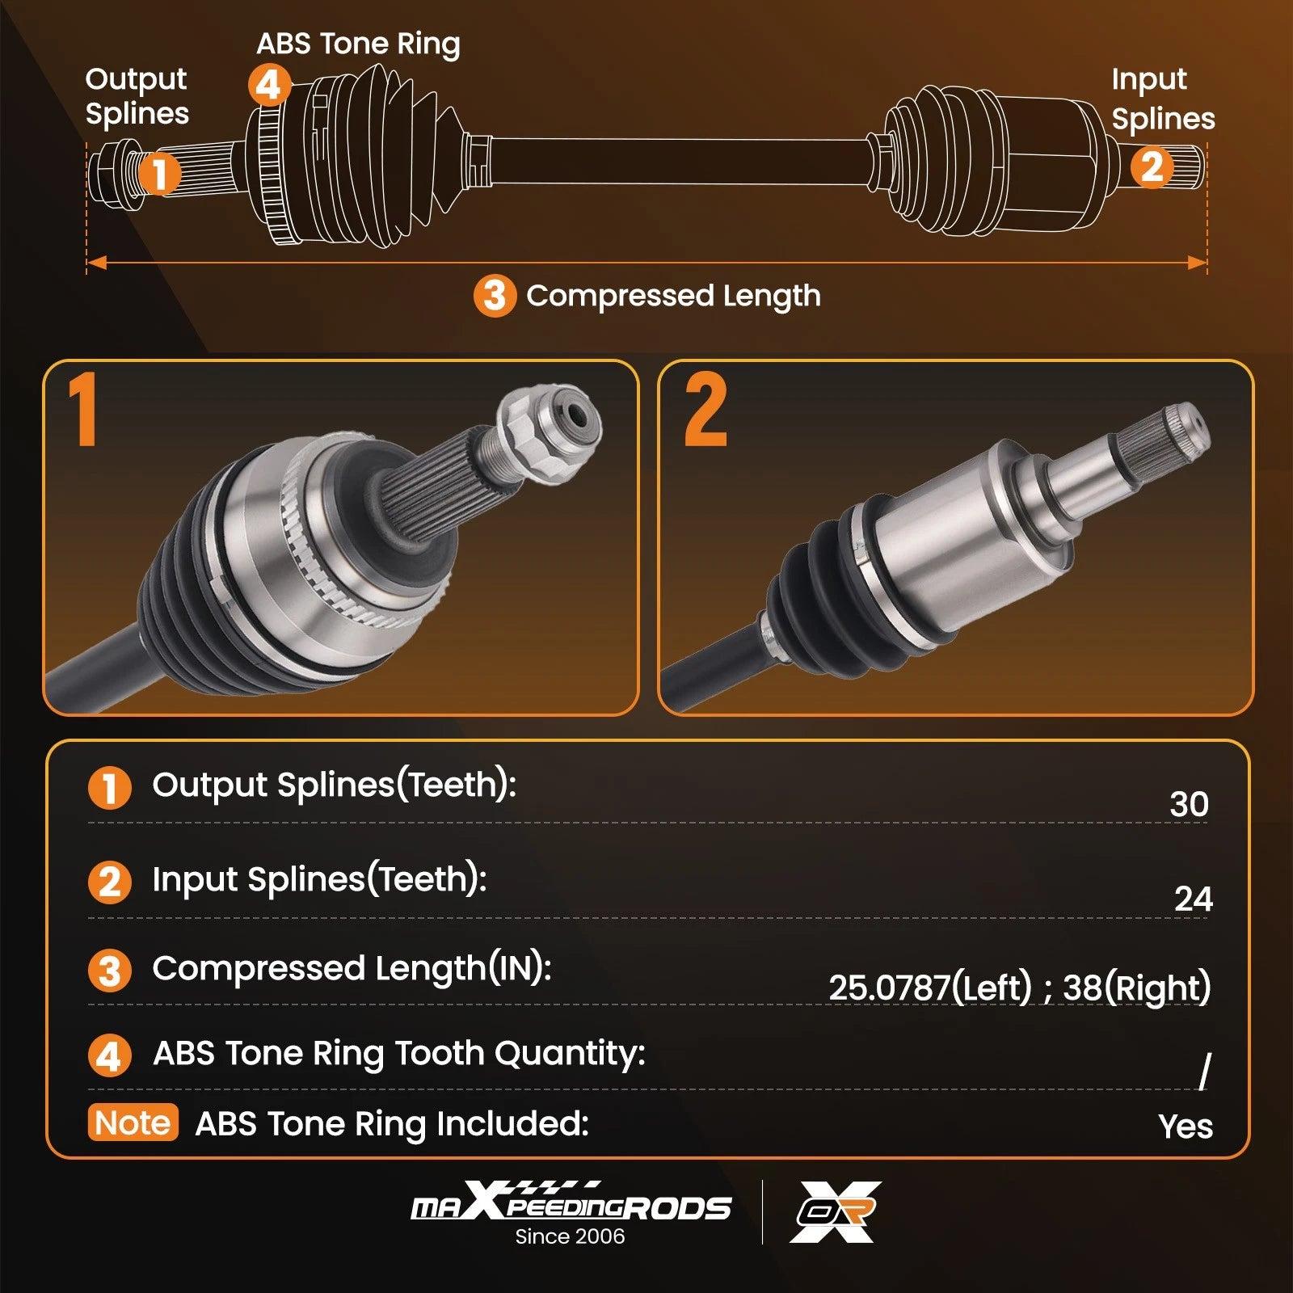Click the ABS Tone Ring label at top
point(359,44)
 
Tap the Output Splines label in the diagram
point(137,96)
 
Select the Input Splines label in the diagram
point(1163,99)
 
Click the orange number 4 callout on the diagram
point(269,85)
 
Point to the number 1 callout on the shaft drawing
point(158,173)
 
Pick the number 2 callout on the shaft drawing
point(1152,167)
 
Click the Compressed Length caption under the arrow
point(673,297)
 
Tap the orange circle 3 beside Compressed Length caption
point(495,296)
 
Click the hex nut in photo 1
point(550,432)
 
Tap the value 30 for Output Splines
point(1189,804)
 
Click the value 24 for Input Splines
point(1193,899)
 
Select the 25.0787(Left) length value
point(931,988)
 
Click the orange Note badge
point(133,1122)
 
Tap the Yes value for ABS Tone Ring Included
point(1186,1126)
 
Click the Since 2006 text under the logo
point(570,1236)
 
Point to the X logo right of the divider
point(835,1211)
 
